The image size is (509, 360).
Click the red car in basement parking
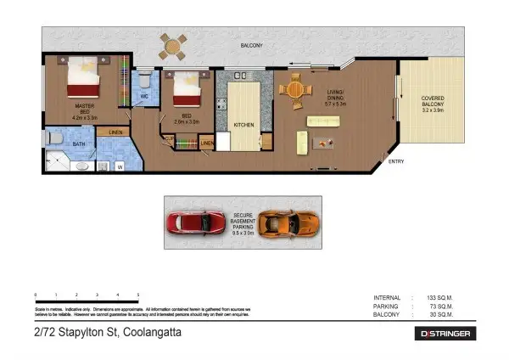[193, 223]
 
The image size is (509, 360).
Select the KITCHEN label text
[244, 126]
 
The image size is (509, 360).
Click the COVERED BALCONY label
[433, 104]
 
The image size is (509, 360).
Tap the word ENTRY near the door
[396, 161]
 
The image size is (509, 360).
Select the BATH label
[78, 145]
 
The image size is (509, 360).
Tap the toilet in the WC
[145, 81]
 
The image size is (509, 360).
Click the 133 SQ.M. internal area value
[441, 297]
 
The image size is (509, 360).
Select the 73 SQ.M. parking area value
[441, 306]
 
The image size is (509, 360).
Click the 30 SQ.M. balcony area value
[441, 314]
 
